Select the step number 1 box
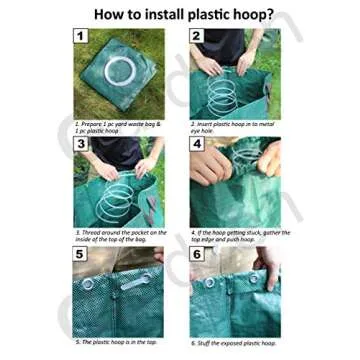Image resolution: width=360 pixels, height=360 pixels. (x=80, y=36)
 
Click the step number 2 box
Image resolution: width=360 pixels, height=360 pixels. (x=197, y=36)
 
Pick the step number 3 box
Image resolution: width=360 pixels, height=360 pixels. (x=80, y=143)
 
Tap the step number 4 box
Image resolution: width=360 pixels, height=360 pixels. (x=197, y=143)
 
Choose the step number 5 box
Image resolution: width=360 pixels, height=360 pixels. (x=80, y=254)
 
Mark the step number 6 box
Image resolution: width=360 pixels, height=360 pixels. (x=197, y=254)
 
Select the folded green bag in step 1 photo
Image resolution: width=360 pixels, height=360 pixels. (x=120, y=85)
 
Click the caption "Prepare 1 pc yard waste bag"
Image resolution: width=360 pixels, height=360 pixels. (x=115, y=123)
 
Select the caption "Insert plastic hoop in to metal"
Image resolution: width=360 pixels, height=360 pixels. (x=233, y=123)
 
